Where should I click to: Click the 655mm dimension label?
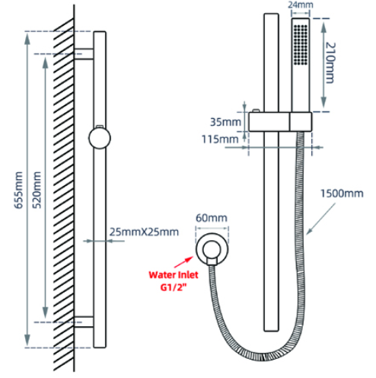(x=18, y=191)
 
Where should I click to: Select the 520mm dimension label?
(x=37, y=191)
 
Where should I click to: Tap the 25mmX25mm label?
(x=144, y=232)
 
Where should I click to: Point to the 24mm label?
(x=301, y=5)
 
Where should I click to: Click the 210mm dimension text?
(x=330, y=63)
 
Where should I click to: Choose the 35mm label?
(x=225, y=122)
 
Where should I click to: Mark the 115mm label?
(x=220, y=139)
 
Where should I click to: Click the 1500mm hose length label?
(x=342, y=194)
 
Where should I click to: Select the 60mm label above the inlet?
(x=212, y=218)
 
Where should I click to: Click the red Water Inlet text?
(x=174, y=275)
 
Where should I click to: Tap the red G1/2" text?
(x=174, y=287)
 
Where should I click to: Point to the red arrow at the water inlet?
(x=183, y=261)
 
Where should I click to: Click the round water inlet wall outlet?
(x=212, y=249)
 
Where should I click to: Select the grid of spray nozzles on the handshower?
(x=301, y=44)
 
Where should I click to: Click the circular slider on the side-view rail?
(x=100, y=138)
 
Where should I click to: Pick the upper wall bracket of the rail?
(x=84, y=54)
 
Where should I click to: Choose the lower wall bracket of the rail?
(x=84, y=322)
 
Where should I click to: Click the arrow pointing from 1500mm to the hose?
(x=320, y=219)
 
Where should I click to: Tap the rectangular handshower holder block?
(x=280, y=122)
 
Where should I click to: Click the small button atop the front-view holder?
(x=256, y=111)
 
